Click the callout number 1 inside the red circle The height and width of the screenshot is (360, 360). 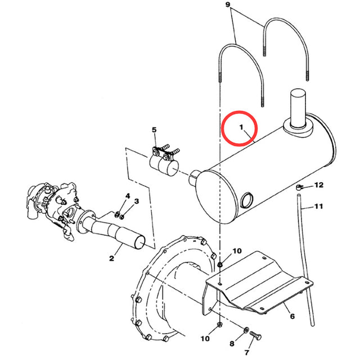pos(241,127)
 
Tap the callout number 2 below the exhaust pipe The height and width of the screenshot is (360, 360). pos(111,258)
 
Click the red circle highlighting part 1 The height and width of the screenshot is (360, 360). pos(239,128)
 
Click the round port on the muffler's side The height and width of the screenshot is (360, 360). pos(246,200)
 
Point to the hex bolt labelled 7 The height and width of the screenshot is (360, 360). pos(255,336)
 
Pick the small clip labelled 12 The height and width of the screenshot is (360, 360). pos(299,187)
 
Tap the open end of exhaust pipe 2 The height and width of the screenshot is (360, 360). pos(140,242)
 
